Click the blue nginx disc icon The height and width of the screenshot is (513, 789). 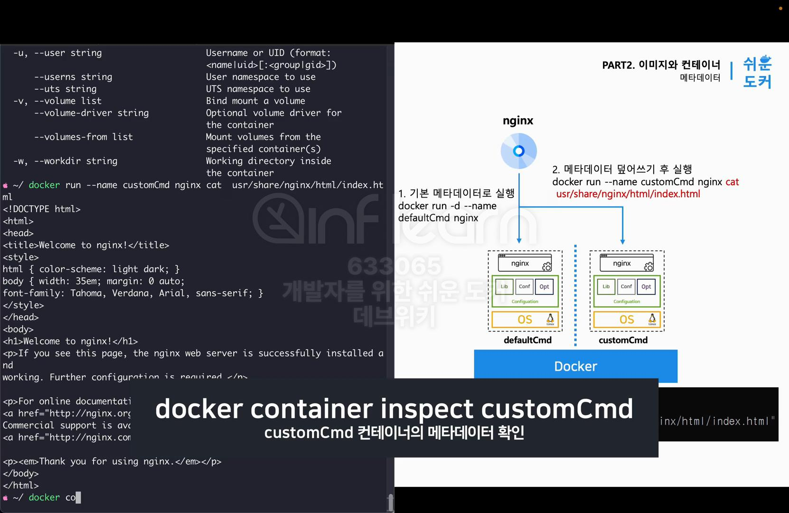(518, 151)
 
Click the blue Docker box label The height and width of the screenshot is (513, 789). (575, 366)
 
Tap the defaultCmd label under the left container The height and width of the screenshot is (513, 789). (527, 340)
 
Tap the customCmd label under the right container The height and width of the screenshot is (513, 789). (623, 340)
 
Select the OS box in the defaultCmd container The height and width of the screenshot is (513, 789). (525, 319)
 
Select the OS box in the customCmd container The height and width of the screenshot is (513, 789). (627, 319)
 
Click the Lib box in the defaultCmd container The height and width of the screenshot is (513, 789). (504, 286)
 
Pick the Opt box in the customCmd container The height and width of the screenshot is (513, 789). (646, 286)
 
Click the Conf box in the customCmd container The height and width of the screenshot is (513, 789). (626, 286)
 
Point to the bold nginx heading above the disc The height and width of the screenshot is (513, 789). (518, 121)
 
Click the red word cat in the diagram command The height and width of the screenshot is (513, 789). (732, 182)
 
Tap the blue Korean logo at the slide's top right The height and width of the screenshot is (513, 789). (757, 72)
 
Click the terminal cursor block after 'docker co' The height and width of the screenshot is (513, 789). (78, 497)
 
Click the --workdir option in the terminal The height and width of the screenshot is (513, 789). (75, 161)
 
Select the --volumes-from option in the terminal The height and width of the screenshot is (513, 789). (84, 137)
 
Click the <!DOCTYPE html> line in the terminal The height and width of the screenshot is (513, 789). (42, 209)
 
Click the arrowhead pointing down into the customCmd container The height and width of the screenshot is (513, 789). (622, 242)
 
